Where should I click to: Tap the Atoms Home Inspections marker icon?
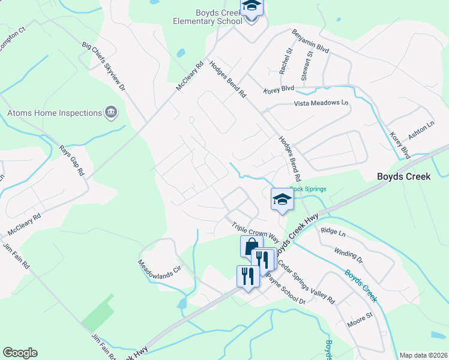(111, 113)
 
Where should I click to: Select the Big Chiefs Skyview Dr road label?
(104, 66)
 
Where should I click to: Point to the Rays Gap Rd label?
(72, 160)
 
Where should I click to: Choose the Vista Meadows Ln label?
(321, 103)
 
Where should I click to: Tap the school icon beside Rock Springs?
(282, 199)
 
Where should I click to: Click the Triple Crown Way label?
(256, 230)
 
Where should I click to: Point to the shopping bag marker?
(251, 245)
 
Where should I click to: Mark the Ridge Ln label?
(334, 232)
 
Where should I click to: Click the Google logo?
(20, 353)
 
